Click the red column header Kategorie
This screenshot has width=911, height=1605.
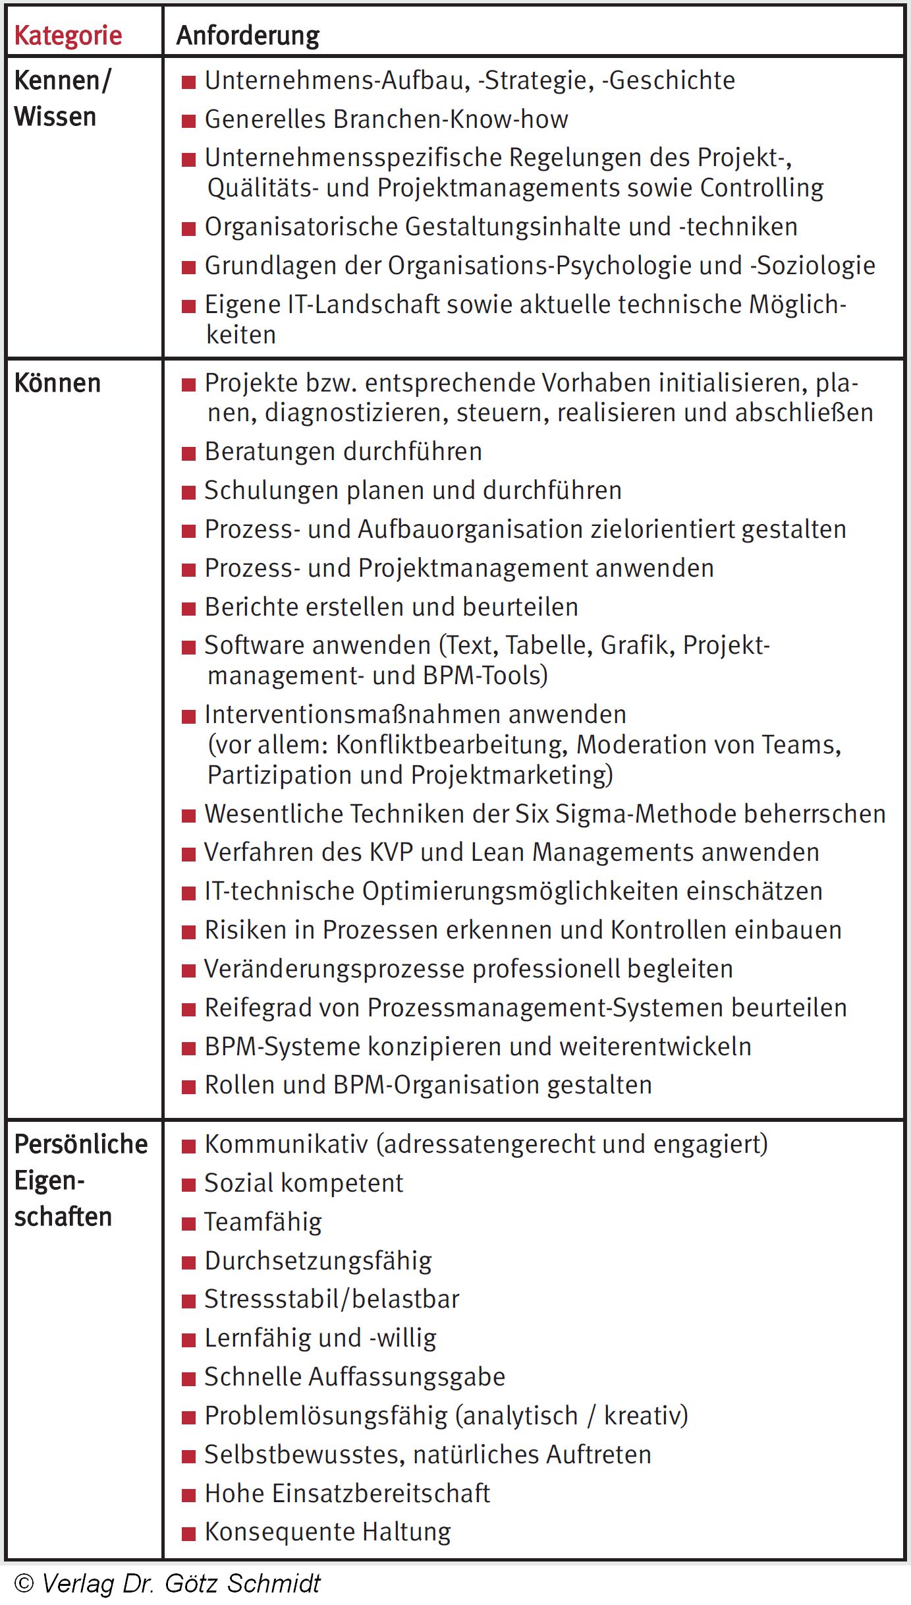68,36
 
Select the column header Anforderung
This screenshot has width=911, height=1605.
248,36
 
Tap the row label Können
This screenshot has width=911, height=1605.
57,383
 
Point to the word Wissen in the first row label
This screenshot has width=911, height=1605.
55,117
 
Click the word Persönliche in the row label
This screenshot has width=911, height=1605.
81,1144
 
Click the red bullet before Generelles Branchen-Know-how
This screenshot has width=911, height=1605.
189,121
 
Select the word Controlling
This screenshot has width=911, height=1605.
761,188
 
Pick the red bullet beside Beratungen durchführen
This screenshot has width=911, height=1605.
189,453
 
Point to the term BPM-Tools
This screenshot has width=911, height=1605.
485,676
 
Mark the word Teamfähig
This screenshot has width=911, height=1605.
263,1222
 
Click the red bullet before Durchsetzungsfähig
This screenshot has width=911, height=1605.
189,1262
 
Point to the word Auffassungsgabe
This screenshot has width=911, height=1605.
406,1377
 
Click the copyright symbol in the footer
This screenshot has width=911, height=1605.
24,1584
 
